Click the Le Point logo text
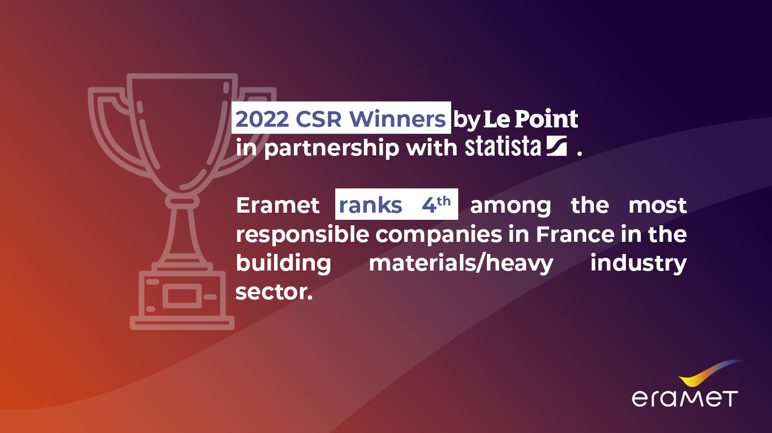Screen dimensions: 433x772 pos(530,119)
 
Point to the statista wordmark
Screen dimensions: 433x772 pos(503,147)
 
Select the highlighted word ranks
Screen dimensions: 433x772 pos(371,205)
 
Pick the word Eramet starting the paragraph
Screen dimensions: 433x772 pos(278,205)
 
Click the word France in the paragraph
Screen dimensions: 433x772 pos(574,235)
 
